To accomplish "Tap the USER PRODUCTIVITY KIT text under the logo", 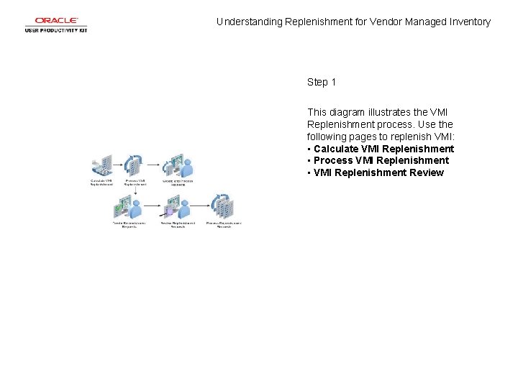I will [x=56, y=30].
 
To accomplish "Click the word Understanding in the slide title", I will [x=250, y=22].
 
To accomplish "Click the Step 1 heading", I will [x=322, y=82].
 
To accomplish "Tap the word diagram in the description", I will [x=347, y=112].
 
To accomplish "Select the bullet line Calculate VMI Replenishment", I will [x=383, y=149].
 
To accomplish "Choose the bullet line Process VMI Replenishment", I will [x=381, y=160].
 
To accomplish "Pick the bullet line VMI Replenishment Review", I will [x=378, y=172].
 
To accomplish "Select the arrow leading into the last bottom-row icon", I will [x=202, y=208].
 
